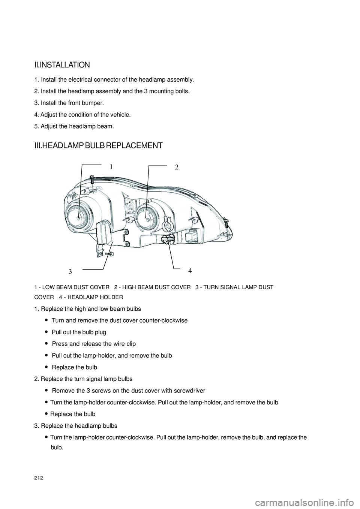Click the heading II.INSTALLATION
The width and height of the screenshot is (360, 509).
62,65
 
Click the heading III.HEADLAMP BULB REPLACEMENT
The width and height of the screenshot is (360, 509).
98,145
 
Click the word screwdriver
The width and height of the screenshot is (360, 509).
187,391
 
